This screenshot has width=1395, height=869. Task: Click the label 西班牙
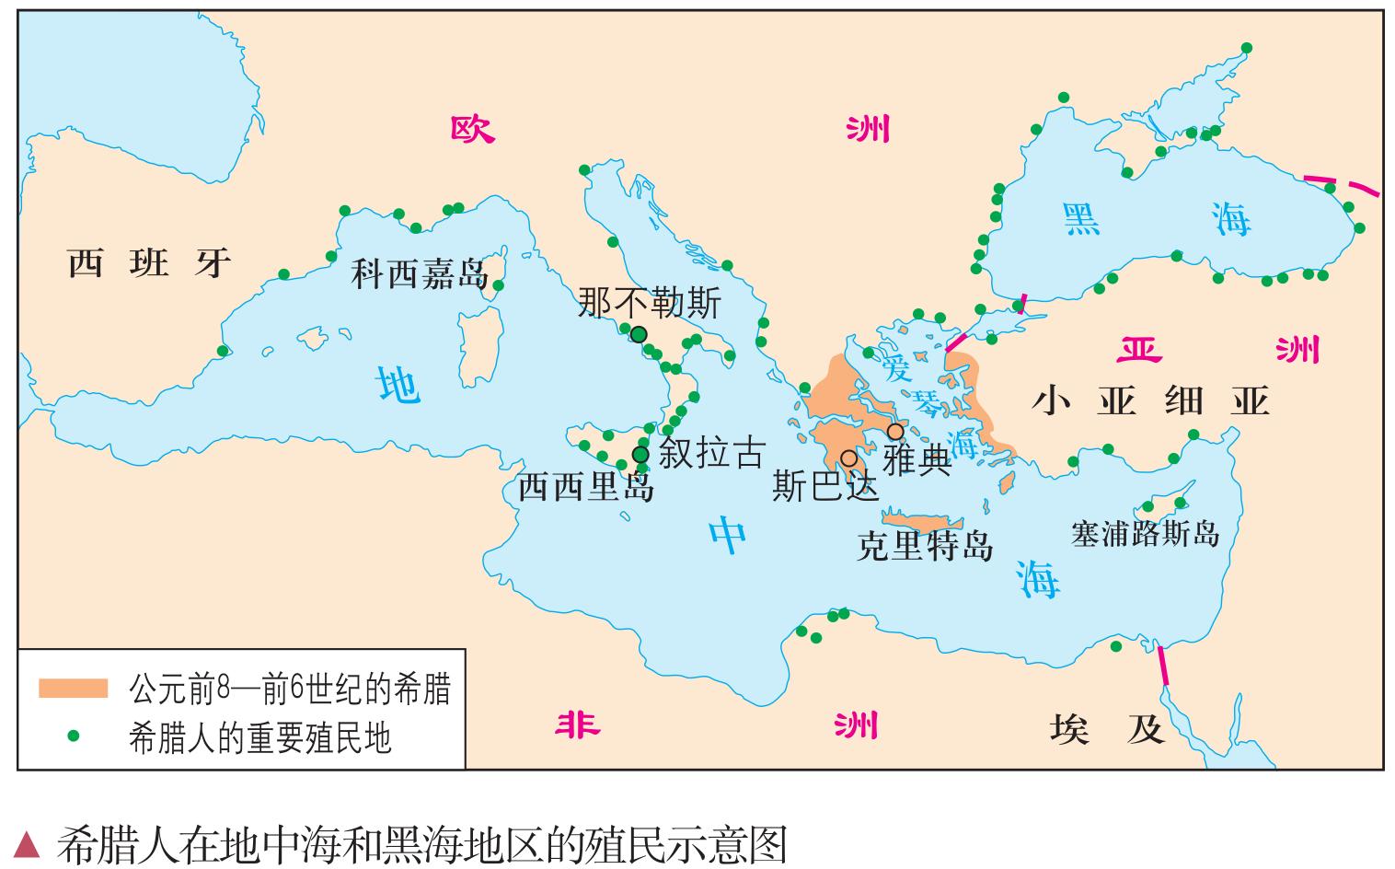(x=149, y=264)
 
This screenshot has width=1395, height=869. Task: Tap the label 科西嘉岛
(x=420, y=274)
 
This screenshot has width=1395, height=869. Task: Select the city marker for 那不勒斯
(x=639, y=334)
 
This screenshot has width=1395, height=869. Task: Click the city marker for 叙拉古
(x=640, y=454)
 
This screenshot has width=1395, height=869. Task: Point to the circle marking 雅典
(x=894, y=432)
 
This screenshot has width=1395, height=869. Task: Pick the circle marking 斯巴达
(x=848, y=458)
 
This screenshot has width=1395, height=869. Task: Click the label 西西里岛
(x=585, y=486)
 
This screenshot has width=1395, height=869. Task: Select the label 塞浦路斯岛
(x=1145, y=534)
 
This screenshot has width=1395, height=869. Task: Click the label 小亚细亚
(x=1150, y=401)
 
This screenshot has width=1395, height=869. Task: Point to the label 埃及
(x=1107, y=729)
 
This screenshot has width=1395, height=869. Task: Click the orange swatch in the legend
(x=74, y=688)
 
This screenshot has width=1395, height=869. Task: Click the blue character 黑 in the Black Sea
(x=1081, y=219)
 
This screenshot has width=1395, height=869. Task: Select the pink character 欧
(x=473, y=130)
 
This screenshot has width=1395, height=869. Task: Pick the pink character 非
(x=577, y=725)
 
